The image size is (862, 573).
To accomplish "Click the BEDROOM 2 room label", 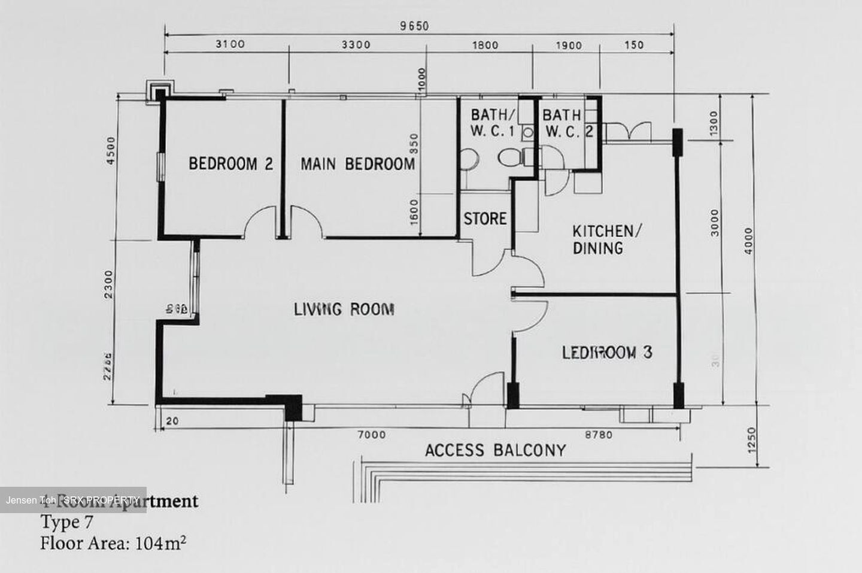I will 231,163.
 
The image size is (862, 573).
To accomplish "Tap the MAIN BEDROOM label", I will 357,164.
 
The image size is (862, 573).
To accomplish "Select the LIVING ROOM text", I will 344,310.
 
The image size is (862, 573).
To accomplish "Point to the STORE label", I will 485,219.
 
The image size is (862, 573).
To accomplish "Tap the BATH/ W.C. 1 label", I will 492,123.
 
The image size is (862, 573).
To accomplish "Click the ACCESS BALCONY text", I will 495,450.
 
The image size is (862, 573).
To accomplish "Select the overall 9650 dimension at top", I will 414,26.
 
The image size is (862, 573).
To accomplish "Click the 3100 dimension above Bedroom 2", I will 230,44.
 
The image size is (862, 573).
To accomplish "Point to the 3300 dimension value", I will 356,44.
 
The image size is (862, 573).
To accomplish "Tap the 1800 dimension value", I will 485,44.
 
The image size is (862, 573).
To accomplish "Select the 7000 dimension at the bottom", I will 372,435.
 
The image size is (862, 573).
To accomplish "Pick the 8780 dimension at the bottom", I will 598,435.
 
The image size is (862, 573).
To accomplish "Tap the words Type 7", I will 66,522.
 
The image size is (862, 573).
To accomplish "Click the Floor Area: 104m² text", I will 113,544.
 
